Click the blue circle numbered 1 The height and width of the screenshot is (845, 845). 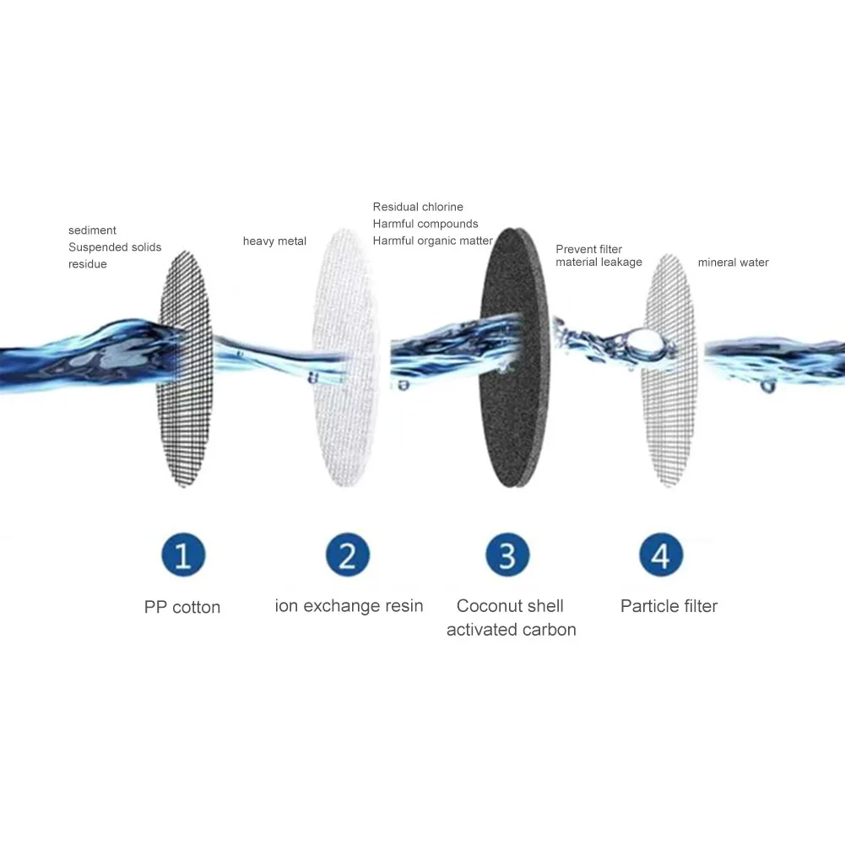[x=183, y=556]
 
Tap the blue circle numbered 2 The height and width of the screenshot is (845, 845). [x=348, y=556]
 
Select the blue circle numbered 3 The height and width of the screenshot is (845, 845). [x=507, y=556]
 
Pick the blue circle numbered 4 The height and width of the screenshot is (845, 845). [x=661, y=556]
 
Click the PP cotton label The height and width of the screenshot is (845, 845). [x=182, y=608]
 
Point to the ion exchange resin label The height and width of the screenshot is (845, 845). [x=349, y=606]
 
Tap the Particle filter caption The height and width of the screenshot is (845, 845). [x=669, y=606]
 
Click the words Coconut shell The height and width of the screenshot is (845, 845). [x=510, y=606]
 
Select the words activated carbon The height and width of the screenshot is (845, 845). [x=511, y=630]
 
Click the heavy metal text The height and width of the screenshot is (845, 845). [x=274, y=241]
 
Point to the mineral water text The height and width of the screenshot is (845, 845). [x=733, y=263]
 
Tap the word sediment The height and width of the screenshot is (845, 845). [x=92, y=230]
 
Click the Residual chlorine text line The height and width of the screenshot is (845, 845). [x=418, y=207]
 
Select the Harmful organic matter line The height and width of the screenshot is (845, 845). [x=432, y=241]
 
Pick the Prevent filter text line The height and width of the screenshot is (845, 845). [x=588, y=249]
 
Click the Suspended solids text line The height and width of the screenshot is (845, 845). [x=115, y=247]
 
